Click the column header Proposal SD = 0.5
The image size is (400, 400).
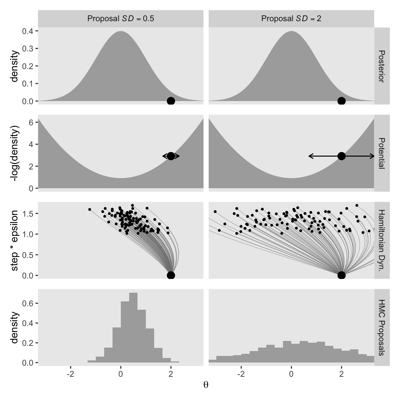[120, 19]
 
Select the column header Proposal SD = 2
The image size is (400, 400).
[291, 19]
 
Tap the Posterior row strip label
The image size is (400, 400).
[382, 66]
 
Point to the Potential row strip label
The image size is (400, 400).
[382, 153]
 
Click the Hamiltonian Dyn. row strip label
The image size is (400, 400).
[382, 240]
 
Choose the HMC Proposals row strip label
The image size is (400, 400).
[382, 327]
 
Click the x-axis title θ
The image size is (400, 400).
[206, 385]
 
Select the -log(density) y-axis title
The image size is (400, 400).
[15, 153]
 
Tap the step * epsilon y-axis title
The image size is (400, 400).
[15, 240]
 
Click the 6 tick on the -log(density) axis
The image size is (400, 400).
[31, 123]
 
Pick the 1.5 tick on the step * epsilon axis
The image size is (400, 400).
[28, 213]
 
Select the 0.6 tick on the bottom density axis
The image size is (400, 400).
[28, 303]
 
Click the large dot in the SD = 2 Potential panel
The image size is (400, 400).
[341, 156]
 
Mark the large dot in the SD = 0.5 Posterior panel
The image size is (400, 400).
[171, 101]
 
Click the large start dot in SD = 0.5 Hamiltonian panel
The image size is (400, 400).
[171, 275]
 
